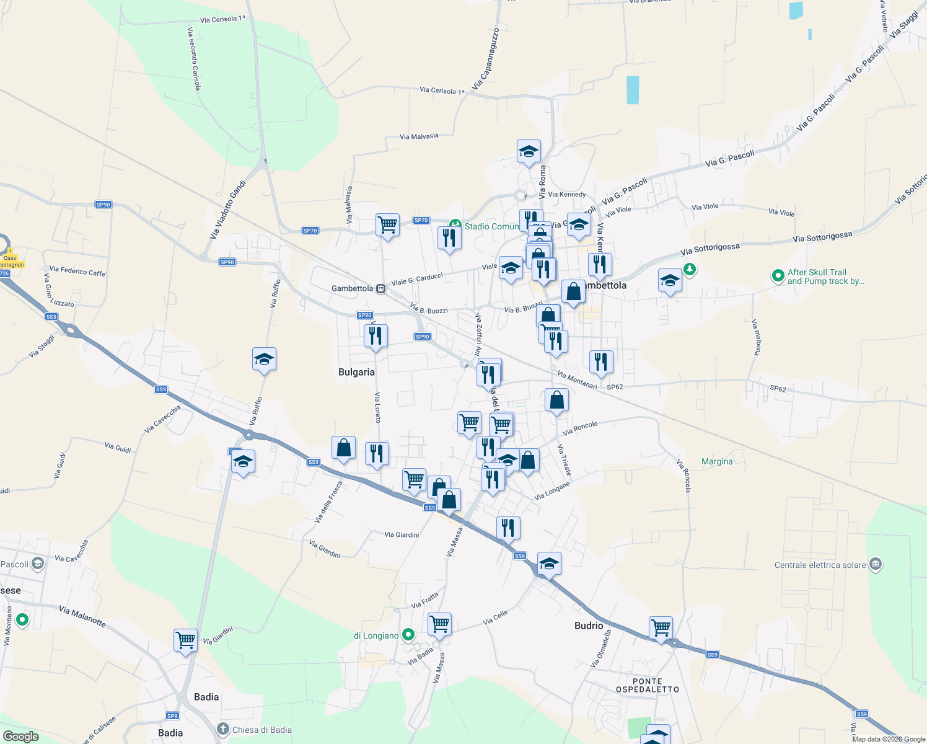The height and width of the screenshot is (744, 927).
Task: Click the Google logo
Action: (21, 737)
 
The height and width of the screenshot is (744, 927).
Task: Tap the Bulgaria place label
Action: (356, 372)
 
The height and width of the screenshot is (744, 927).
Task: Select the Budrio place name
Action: (588, 626)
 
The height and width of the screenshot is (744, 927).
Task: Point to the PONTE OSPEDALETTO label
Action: (648, 685)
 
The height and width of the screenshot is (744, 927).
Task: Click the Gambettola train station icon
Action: (381, 288)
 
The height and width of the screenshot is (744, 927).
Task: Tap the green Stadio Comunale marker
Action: (455, 225)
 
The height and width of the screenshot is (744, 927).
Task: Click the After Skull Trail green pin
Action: (778, 276)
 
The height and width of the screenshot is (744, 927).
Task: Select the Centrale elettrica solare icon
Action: (875, 564)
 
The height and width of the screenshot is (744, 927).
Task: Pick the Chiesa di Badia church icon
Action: (224, 729)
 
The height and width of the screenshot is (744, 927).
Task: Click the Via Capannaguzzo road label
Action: (485, 59)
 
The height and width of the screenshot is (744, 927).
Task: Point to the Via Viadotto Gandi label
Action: (228, 210)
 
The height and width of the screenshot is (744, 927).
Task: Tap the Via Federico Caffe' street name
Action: (77, 271)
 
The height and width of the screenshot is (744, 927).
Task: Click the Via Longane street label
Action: (551, 491)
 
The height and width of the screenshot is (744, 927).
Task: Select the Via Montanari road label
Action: (577, 380)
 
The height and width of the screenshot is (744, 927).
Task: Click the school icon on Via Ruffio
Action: (264, 359)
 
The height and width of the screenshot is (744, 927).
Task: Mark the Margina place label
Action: (717, 461)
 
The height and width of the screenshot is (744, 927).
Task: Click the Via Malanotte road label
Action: (82, 616)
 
